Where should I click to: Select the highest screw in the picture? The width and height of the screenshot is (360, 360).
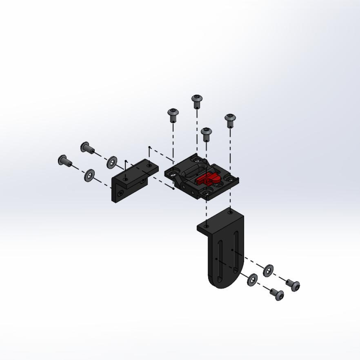196,100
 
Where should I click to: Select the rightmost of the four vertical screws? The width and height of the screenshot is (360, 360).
230,120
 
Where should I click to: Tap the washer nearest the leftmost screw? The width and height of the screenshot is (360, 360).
89,175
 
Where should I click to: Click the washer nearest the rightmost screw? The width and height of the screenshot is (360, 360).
268,271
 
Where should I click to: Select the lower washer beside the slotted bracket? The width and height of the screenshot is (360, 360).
252,279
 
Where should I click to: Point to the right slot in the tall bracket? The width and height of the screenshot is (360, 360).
235,252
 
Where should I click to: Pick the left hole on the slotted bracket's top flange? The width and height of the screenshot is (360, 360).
206,226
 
